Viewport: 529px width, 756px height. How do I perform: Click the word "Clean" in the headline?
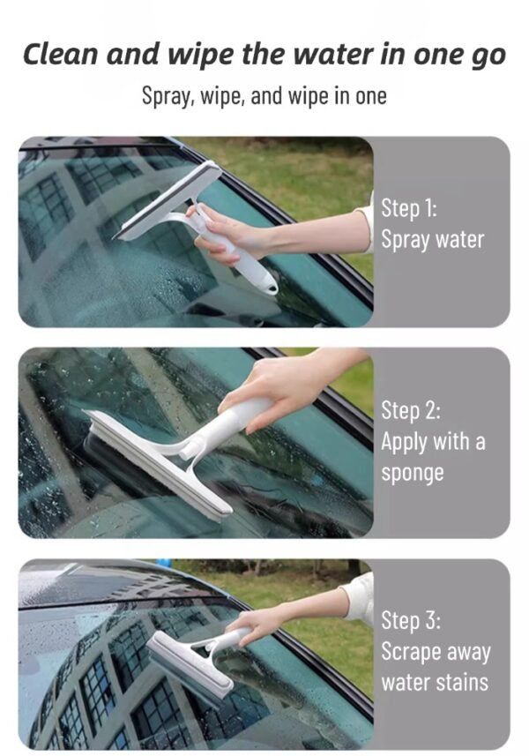[59, 55]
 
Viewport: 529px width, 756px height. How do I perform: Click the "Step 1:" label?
[408, 209]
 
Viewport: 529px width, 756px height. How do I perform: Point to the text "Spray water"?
[432, 240]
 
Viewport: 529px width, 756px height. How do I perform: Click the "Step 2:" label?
[410, 410]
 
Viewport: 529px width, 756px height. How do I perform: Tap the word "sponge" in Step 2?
[412, 473]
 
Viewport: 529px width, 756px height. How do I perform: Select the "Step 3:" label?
[410, 620]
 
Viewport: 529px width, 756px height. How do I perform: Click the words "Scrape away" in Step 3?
[435, 652]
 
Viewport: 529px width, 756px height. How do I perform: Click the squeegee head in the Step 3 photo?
[189, 662]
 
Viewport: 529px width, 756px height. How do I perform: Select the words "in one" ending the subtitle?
[359, 95]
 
